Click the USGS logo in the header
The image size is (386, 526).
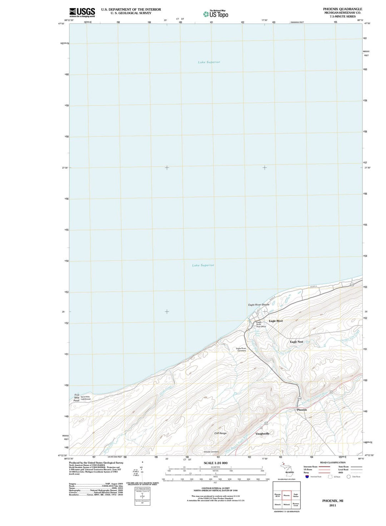click(x=82, y=12)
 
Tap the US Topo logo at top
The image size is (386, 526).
click(x=216, y=14)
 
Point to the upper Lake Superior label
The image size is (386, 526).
click(x=209, y=62)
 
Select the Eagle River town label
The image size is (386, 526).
click(x=276, y=321)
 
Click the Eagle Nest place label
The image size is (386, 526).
click(x=296, y=342)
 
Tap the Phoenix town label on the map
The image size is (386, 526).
click(x=302, y=410)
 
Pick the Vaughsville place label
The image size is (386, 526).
click(x=262, y=433)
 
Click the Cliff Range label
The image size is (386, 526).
click(x=221, y=433)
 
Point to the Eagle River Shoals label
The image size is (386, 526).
click(x=259, y=305)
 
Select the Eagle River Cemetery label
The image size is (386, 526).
click(x=241, y=349)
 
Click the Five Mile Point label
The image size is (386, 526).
click(x=76, y=398)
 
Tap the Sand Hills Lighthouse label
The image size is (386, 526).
click(x=86, y=398)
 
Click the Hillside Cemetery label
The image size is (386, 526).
click(x=211, y=452)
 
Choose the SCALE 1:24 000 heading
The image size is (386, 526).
click(x=215, y=463)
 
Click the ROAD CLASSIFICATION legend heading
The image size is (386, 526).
click(x=333, y=462)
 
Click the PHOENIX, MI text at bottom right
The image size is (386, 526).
click(x=333, y=501)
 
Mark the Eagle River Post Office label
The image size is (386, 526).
click(x=261, y=324)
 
